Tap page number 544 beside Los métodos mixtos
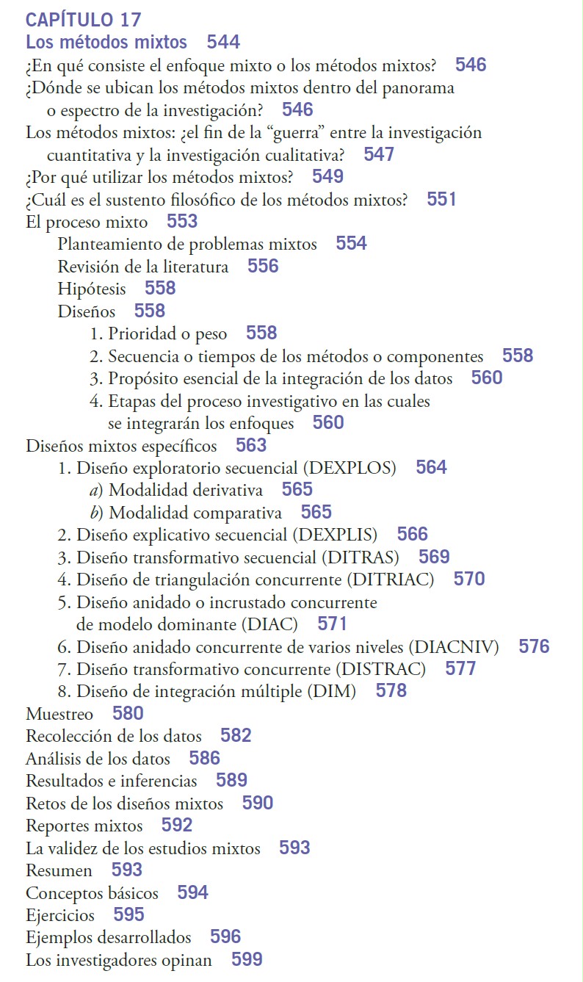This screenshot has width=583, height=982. pyautogui.click(x=223, y=42)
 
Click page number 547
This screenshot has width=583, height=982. pyautogui.click(x=379, y=154)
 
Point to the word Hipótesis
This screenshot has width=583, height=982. pyautogui.click(x=92, y=289)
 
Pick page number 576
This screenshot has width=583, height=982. pyautogui.click(x=534, y=646)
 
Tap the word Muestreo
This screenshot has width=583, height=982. pyautogui.click(x=59, y=714)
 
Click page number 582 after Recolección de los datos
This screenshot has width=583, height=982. pyautogui.click(x=236, y=736)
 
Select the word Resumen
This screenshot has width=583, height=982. pyautogui.click(x=59, y=870)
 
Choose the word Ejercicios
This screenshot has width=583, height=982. pyautogui.click(x=60, y=915)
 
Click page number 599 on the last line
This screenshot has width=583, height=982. pyautogui.click(x=247, y=959)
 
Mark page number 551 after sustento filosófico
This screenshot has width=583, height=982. pyautogui.click(x=441, y=199)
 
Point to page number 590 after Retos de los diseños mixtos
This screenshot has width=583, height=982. pyautogui.click(x=258, y=803)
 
